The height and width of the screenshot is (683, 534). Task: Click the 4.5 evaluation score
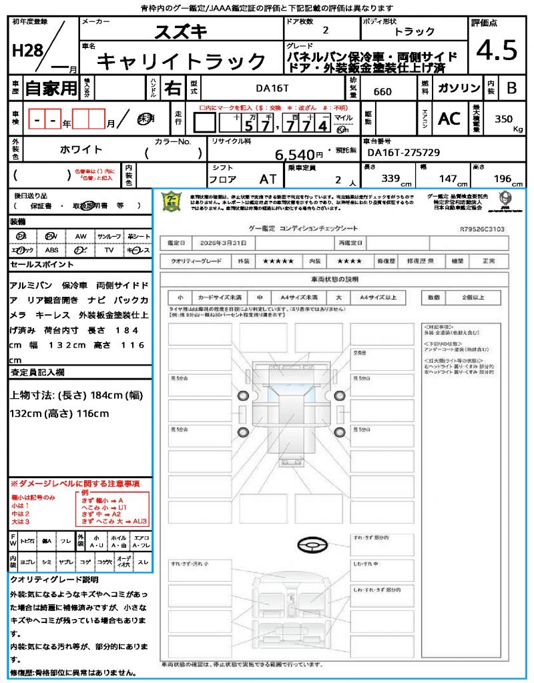(x=497, y=50)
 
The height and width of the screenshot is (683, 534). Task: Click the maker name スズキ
(x=181, y=31)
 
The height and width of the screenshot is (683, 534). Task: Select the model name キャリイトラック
(x=182, y=61)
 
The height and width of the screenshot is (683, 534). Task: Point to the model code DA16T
(x=272, y=87)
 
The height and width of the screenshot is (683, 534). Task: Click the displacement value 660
(x=382, y=92)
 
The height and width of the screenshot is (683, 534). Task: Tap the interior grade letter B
(x=511, y=88)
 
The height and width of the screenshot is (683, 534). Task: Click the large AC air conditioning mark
(x=449, y=119)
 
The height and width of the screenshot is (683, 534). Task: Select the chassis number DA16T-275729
(x=404, y=153)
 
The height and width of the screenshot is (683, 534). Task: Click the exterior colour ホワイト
(x=81, y=150)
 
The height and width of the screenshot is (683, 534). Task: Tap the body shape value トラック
(x=415, y=31)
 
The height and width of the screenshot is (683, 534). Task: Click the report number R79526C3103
(x=482, y=229)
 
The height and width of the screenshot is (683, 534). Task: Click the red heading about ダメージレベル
(x=75, y=483)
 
